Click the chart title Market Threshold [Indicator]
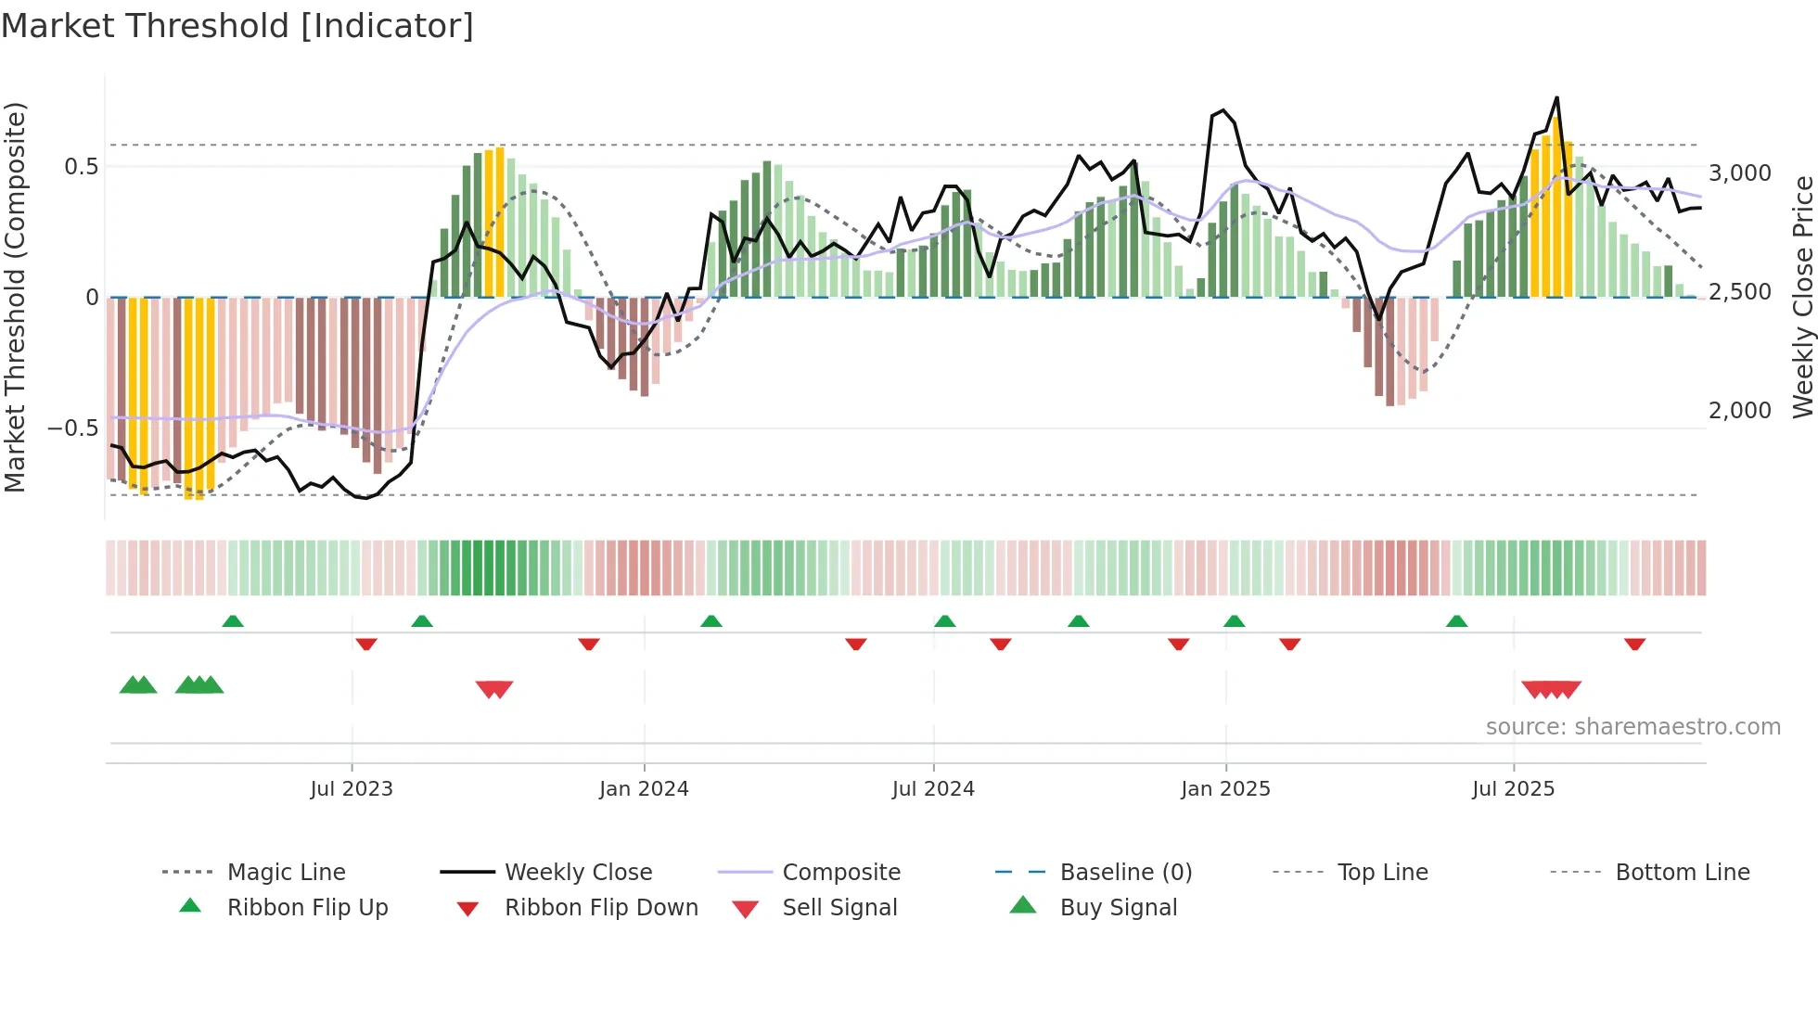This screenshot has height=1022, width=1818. [x=237, y=26]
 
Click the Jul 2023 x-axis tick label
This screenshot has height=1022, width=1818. [x=352, y=789]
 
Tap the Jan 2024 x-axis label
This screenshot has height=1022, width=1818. [x=644, y=789]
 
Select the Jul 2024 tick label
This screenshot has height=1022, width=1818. [x=933, y=789]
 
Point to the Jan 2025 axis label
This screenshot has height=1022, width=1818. [x=1225, y=789]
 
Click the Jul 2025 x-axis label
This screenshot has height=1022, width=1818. [x=1513, y=789]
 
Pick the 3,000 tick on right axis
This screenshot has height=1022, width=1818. [x=1739, y=173]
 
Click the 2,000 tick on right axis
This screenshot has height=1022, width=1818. [x=1739, y=411]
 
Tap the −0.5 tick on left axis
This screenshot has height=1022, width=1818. [x=72, y=428]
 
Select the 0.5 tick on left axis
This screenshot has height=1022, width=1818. [x=81, y=167]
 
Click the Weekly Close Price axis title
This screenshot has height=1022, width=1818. [x=1802, y=297]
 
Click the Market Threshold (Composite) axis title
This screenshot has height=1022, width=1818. [x=15, y=297]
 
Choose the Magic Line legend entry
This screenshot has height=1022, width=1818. [x=286, y=873]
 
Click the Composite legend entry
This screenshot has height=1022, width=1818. [x=840, y=873]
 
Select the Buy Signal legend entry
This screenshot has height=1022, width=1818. [x=1118, y=908]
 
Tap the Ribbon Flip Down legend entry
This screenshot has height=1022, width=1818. [x=600, y=908]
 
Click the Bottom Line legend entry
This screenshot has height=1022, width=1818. [x=1682, y=873]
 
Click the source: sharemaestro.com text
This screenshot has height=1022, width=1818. [x=1632, y=727]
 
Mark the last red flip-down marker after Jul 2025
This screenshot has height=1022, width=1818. [x=1634, y=644]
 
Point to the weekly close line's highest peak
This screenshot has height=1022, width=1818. [x=1556, y=97]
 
